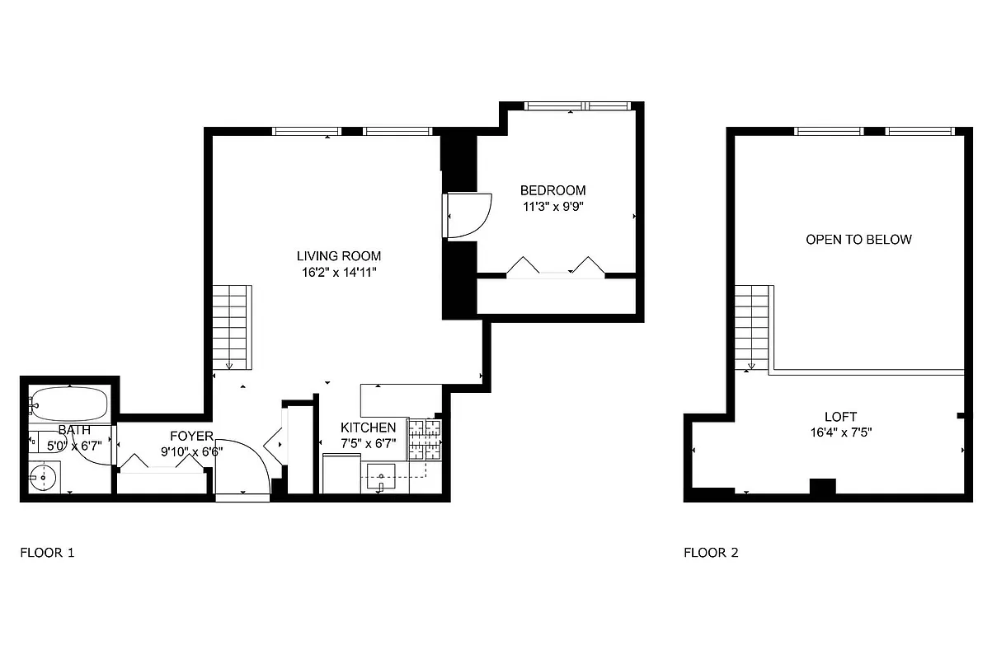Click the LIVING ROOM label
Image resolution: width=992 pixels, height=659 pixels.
click(340, 255)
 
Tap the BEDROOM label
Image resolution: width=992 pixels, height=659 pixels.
click(553, 190)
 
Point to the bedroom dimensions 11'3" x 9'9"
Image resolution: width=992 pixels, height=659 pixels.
click(553, 206)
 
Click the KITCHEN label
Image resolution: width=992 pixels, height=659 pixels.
click(369, 428)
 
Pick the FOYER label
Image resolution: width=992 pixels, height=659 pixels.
click(191, 436)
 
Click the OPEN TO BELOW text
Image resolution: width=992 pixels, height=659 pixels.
click(858, 240)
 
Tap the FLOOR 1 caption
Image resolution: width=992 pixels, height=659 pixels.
click(47, 552)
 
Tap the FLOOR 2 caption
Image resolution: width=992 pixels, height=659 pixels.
click(711, 552)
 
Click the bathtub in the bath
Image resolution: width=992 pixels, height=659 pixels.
click(70, 404)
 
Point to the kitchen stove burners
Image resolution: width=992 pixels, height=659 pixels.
click(425, 439)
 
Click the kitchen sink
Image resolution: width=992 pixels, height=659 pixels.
click(380, 475)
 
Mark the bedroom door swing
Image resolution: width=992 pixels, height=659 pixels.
click(468, 215)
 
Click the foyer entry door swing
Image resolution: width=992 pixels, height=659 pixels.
click(242, 470)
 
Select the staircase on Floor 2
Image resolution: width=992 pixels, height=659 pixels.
click(752, 327)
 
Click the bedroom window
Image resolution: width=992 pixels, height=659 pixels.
click(579, 105)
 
